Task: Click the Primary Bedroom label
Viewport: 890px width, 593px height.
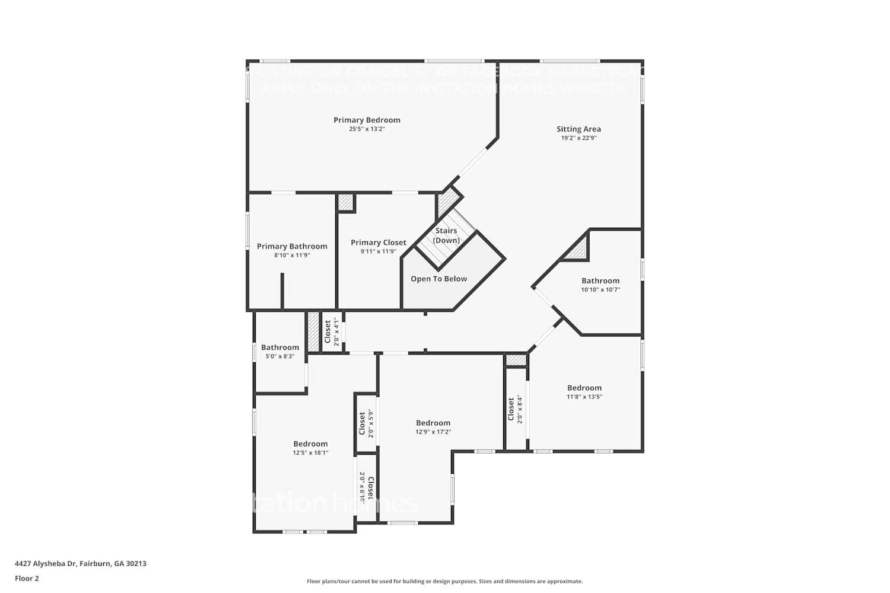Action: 367,120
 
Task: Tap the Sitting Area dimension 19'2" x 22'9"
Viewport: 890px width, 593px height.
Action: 578,138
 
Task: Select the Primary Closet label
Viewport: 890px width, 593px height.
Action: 379,243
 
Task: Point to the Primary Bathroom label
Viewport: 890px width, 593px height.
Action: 292,246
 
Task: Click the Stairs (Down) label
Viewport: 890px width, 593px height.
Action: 446,235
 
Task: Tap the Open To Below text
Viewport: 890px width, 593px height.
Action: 439,279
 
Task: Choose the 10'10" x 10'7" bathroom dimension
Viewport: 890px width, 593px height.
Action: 600,290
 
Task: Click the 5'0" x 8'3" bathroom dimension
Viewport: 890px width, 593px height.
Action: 280,356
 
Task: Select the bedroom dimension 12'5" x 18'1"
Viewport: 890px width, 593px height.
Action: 310,453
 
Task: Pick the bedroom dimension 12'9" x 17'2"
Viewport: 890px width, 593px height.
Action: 433,432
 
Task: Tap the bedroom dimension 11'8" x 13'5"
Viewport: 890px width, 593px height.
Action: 584,397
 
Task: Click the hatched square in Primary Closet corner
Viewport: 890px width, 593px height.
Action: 345,202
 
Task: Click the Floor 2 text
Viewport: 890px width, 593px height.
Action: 27,578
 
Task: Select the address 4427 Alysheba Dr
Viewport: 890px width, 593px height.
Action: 80,563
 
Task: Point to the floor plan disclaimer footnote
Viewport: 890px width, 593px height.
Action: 444,581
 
